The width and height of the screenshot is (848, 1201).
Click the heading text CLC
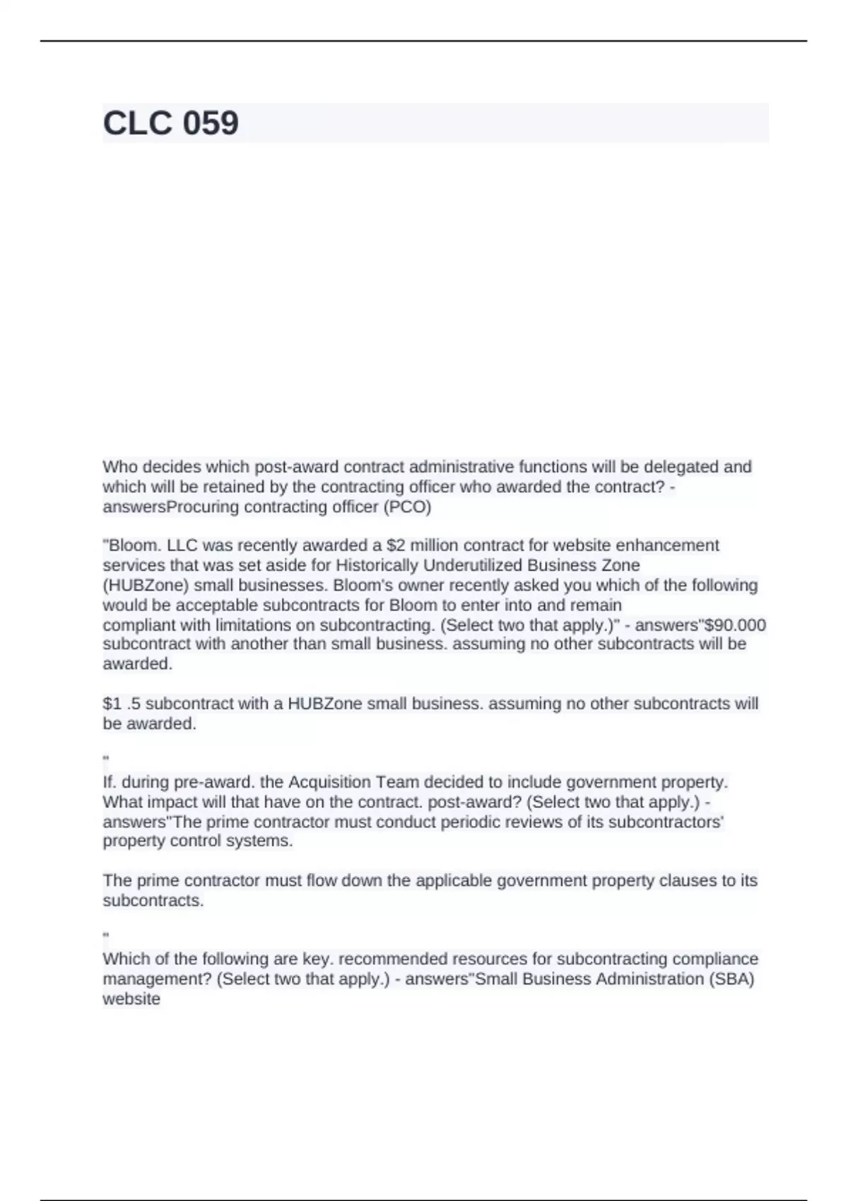[x=138, y=123]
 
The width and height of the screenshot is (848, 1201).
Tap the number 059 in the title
[x=211, y=123]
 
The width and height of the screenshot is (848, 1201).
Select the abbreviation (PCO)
[x=407, y=507]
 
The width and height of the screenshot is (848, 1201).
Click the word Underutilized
[x=473, y=565]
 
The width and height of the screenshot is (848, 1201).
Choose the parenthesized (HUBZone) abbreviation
[x=146, y=586]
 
